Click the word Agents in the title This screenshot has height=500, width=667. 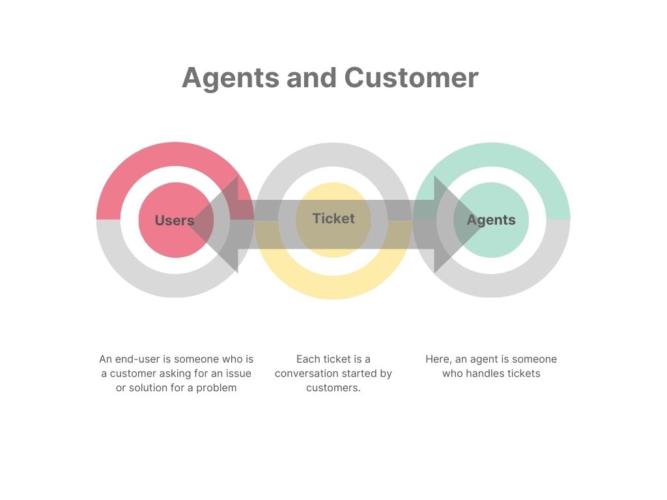click(230, 78)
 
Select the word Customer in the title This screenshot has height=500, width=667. click(412, 78)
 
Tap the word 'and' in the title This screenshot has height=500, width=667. click(311, 78)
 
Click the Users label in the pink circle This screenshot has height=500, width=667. click(175, 220)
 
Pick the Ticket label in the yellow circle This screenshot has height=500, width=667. click(333, 218)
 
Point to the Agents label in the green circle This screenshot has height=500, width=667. click(491, 220)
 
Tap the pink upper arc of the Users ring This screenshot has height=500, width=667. click(175, 154)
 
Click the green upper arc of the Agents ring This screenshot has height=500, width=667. click(492, 155)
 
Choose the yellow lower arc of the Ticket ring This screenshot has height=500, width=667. click(333, 287)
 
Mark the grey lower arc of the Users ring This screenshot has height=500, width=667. click(175, 285)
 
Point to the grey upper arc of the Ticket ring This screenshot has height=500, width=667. click(333, 155)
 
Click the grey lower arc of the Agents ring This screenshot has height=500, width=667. click(492, 285)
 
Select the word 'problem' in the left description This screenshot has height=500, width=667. click(216, 388)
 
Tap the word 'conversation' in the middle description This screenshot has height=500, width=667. click(304, 374)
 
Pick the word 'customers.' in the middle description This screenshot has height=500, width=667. click(333, 388)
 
